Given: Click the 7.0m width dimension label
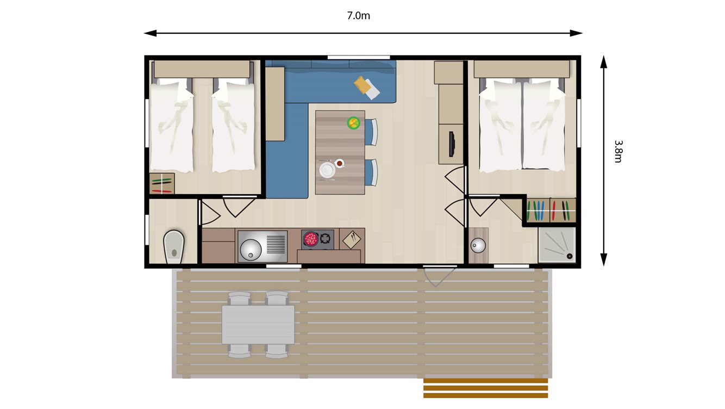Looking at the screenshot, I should coord(358,16).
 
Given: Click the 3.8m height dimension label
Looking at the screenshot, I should coord(618,151).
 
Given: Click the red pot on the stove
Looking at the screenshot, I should coord(311,239).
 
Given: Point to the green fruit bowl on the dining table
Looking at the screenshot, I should coord(354,123).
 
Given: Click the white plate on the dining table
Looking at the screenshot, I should coord(327,170).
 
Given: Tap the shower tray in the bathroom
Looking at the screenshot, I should coord(557,245).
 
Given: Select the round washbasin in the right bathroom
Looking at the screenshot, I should coord(478,245).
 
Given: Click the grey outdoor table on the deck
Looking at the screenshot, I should coord(258,324).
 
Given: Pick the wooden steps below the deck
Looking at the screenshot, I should coord(485,388).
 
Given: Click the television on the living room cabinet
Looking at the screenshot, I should coord(451,144).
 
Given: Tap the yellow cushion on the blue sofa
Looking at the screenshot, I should coord(361,84).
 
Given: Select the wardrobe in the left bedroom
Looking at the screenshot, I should coord(162,183).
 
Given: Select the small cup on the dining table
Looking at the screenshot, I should coord(340,163).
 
